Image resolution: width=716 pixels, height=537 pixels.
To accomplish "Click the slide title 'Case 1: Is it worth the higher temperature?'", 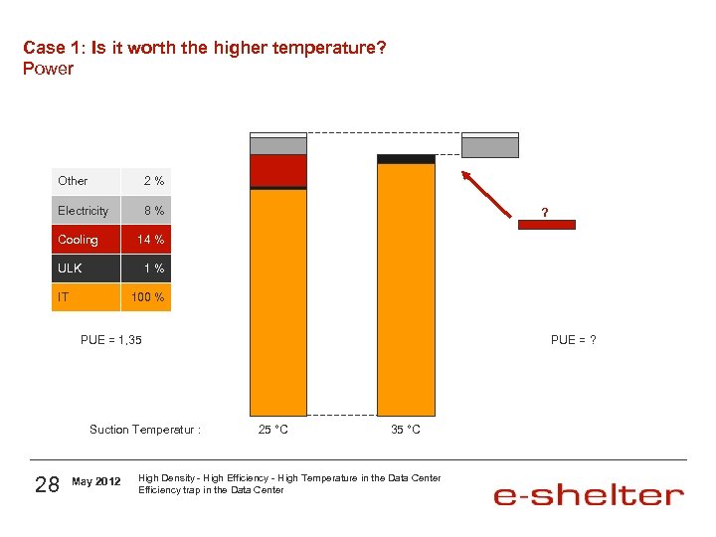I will (x=204, y=48).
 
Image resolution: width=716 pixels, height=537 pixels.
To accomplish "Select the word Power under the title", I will (x=48, y=69).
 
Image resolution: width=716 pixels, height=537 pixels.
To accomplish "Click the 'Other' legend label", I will (x=73, y=181).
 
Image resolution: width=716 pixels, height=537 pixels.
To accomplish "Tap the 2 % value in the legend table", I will (x=153, y=181).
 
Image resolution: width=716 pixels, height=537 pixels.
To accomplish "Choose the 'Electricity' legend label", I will (x=84, y=211).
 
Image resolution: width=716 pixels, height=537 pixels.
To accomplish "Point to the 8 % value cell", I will (x=153, y=211).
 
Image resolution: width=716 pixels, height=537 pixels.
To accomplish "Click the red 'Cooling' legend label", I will (x=79, y=240).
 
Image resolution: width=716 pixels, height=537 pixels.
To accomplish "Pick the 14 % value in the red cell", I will (x=150, y=240).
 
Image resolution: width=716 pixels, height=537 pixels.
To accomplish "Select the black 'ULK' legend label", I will (x=71, y=268).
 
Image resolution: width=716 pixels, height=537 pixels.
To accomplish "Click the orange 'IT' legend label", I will (x=65, y=297).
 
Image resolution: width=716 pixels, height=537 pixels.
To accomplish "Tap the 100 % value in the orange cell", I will (x=147, y=297).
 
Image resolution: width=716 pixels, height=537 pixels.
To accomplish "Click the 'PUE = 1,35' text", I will (x=111, y=340).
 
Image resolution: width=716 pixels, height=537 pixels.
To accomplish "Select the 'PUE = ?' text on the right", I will (x=574, y=340).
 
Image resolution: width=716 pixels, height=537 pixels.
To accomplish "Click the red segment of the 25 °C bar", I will (x=278, y=170).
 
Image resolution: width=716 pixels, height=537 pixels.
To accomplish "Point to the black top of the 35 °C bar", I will (x=406, y=159).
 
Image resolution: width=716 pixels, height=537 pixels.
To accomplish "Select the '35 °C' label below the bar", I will (x=405, y=430).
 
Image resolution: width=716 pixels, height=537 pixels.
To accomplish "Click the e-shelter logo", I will (x=588, y=494).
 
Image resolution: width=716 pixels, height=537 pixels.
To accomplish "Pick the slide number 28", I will (x=47, y=484).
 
